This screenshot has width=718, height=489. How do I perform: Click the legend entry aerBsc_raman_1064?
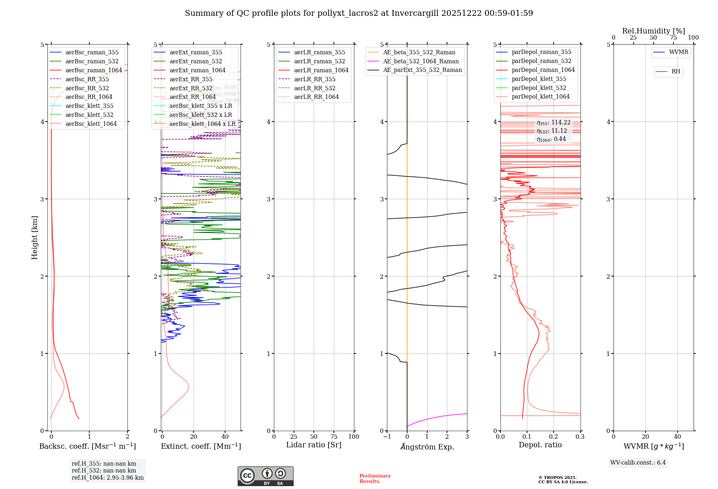(x=93, y=70)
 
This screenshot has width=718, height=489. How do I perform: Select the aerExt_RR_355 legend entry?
(x=191, y=79)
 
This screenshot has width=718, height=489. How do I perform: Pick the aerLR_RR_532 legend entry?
(x=314, y=88)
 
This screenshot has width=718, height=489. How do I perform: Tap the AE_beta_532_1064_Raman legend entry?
(x=421, y=61)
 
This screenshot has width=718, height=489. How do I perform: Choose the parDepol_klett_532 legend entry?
(x=538, y=88)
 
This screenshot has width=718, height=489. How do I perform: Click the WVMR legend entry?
(x=678, y=52)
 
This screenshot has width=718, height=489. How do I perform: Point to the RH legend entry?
(x=676, y=72)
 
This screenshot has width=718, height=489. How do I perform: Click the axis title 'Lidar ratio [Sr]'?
(x=313, y=445)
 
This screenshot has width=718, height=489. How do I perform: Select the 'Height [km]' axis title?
(x=34, y=237)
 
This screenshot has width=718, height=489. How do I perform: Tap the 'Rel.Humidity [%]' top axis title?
(x=653, y=31)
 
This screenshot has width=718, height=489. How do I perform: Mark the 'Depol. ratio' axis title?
(x=540, y=445)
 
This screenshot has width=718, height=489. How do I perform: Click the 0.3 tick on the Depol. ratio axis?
(x=580, y=437)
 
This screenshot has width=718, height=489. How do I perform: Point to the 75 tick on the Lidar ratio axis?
(x=334, y=437)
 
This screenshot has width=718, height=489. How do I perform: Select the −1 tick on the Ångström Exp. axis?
(x=387, y=437)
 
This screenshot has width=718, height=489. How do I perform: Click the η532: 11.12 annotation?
(x=552, y=131)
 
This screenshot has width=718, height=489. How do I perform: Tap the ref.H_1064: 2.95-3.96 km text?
(x=107, y=477)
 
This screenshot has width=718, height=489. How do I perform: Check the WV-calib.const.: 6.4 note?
(x=638, y=462)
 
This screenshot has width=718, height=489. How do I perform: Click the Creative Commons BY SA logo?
(x=265, y=476)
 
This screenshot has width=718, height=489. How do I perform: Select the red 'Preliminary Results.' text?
(x=375, y=478)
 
